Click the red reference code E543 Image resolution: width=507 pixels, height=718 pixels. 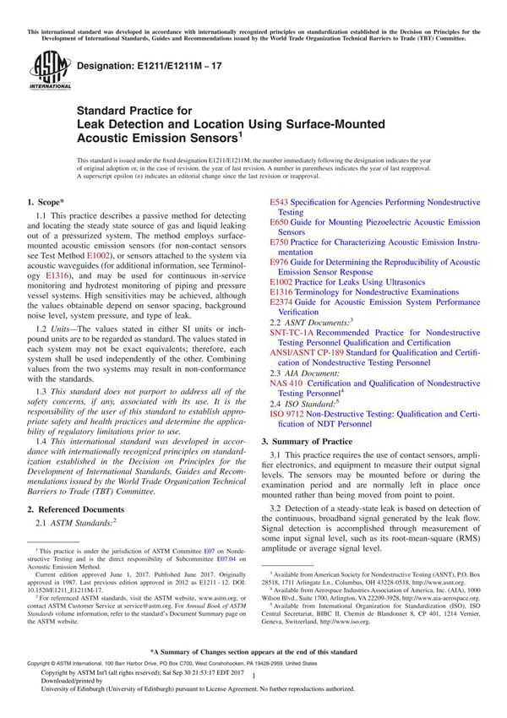(279, 203)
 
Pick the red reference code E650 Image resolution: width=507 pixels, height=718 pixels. (279, 222)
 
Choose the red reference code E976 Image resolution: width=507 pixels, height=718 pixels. (279, 262)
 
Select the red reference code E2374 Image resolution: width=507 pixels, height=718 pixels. (281, 302)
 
